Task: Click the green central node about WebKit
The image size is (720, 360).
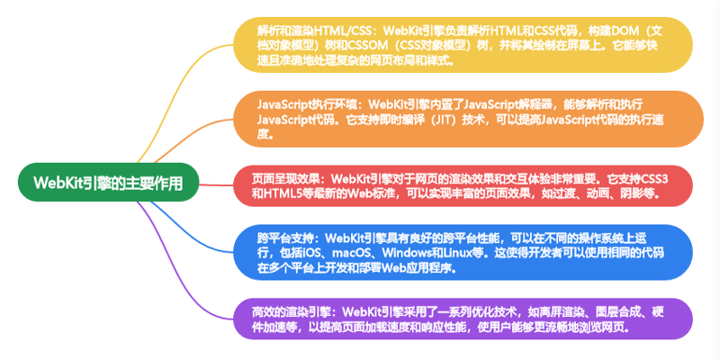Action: [x=108, y=183]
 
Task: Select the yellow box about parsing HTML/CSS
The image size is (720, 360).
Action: [x=463, y=45]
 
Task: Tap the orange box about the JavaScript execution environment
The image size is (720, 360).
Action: [x=468, y=119]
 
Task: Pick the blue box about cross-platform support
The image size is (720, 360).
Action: [x=463, y=252]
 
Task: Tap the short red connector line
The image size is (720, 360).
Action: [x=216, y=184]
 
